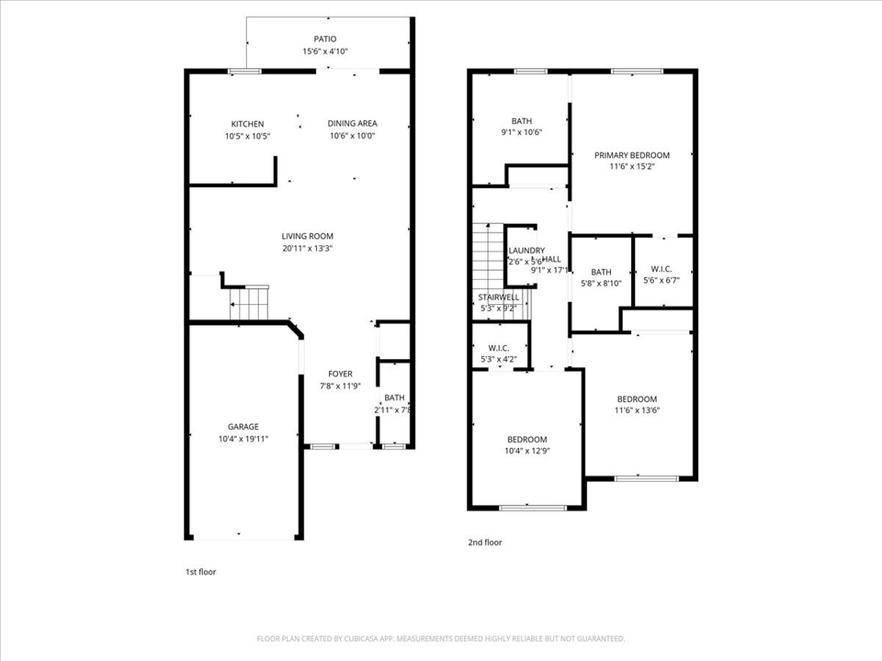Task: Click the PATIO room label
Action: (325, 39)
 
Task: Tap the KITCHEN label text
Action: (247, 124)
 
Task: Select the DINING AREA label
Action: (353, 124)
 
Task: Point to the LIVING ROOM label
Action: (307, 237)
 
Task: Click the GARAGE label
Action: (243, 427)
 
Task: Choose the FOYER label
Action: (340, 374)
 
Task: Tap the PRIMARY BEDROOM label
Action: (631, 155)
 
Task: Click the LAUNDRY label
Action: (526, 251)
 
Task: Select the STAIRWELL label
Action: (499, 297)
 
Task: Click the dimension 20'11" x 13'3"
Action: (307, 248)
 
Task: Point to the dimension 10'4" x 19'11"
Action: (243, 440)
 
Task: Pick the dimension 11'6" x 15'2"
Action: (631, 167)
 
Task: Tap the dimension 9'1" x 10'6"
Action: (522, 132)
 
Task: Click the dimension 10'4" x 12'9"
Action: (527, 451)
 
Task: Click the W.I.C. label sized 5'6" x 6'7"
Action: (659, 269)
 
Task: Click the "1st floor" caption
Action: (200, 572)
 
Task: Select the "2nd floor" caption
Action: (485, 543)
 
